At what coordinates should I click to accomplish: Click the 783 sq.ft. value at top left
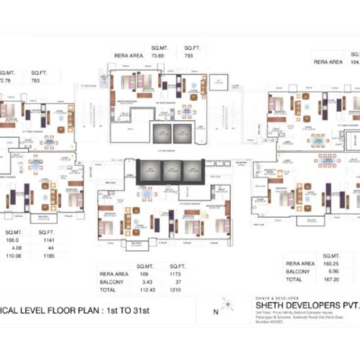click(37, 81)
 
